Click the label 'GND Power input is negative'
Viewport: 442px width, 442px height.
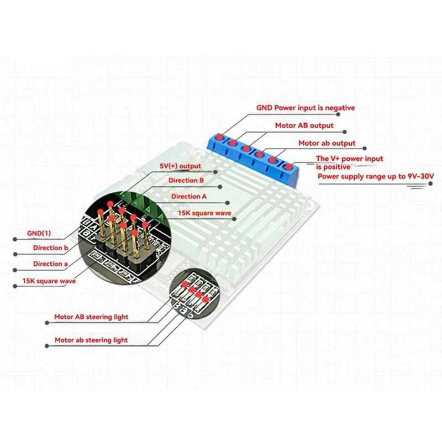305,108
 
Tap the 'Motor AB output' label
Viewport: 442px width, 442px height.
304,125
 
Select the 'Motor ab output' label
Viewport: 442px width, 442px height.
327,144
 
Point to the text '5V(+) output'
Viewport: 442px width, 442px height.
181,166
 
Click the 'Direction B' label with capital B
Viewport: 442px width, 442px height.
187,181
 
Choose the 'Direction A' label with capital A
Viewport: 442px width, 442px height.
189,197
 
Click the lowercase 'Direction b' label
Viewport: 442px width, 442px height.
50,248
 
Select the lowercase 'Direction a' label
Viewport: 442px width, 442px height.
50,264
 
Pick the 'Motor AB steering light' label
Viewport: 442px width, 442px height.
91,317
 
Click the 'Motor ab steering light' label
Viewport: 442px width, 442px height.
91,340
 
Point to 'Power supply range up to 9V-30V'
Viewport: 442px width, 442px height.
376,177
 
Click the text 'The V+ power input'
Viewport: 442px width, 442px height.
349,159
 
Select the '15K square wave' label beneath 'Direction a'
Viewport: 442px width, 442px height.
49,281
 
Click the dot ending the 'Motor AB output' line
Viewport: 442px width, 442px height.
346,133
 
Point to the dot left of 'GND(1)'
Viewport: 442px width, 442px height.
15,238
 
